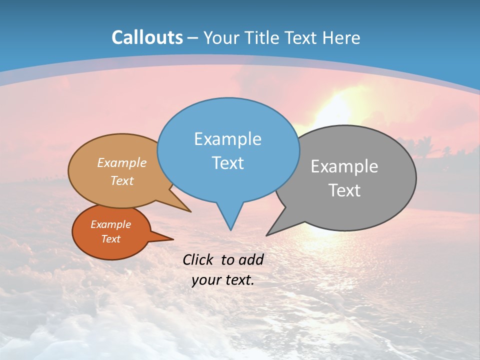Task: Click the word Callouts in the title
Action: coord(147,37)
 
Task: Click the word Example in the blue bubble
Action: coord(227,139)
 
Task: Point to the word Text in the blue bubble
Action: coord(227,163)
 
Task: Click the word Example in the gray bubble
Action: coord(344,166)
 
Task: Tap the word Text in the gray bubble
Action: coord(344,190)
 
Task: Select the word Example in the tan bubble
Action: coord(122,163)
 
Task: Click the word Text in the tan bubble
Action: coord(122,181)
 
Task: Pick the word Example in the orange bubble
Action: coord(110,224)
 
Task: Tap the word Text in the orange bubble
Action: coord(110,239)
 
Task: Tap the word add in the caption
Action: coord(251,259)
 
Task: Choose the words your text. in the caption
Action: coord(223,280)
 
